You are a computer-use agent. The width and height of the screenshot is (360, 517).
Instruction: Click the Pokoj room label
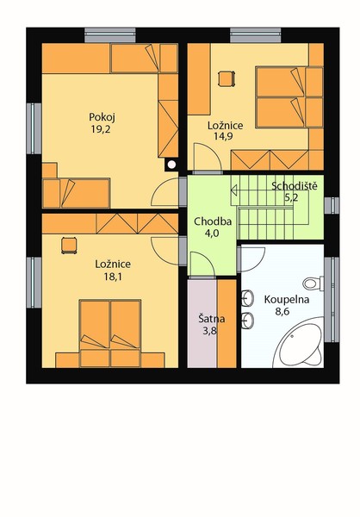(102, 117)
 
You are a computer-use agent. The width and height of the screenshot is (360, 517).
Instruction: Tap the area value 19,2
(101, 129)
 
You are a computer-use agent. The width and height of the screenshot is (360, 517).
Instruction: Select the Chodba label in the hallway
(213, 221)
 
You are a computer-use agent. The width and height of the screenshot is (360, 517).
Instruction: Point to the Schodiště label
(295, 186)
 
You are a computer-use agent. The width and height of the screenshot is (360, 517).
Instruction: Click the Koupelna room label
(287, 300)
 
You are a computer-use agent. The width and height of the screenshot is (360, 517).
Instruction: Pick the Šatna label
(212, 319)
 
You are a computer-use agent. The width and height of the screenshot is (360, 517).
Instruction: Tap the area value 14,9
(223, 136)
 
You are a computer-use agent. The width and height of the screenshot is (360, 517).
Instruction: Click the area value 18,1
(113, 277)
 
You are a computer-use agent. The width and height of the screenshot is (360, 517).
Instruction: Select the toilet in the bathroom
(313, 283)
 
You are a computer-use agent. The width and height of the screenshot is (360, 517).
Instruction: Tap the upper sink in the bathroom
(247, 298)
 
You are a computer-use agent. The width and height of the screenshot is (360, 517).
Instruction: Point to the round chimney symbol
(171, 165)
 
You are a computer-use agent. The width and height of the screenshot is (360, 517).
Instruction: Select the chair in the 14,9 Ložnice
(227, 78)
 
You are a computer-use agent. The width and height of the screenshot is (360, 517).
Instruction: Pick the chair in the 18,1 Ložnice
(69, 246)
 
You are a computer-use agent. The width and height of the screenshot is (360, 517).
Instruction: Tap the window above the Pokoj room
(110, 35)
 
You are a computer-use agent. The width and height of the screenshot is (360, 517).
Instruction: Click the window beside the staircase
(332, 205)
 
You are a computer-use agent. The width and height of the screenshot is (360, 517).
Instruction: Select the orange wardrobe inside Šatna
(227, 323)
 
